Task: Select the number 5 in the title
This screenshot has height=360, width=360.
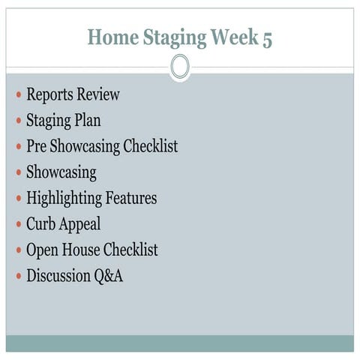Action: pos(266,37)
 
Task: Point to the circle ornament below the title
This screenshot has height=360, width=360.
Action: pos(180,67)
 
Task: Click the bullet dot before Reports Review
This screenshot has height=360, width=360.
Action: pos(19,96)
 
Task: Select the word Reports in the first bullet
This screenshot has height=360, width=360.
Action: pos(52,95)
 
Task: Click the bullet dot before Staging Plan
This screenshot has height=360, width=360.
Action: pos(19,121)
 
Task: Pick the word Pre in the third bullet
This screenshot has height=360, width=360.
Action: pos(37,146)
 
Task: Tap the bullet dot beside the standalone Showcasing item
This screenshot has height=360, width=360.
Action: pos(19,173)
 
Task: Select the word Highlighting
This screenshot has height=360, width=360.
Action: pos(64,199)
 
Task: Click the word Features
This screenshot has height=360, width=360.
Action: pos(131,198)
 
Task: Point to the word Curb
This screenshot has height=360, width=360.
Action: pos(42,223)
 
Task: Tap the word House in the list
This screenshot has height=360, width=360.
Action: pos(83,250)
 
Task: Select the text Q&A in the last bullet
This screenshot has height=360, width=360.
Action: pos(108,276)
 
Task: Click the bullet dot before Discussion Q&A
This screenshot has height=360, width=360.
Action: pos(19,277)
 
